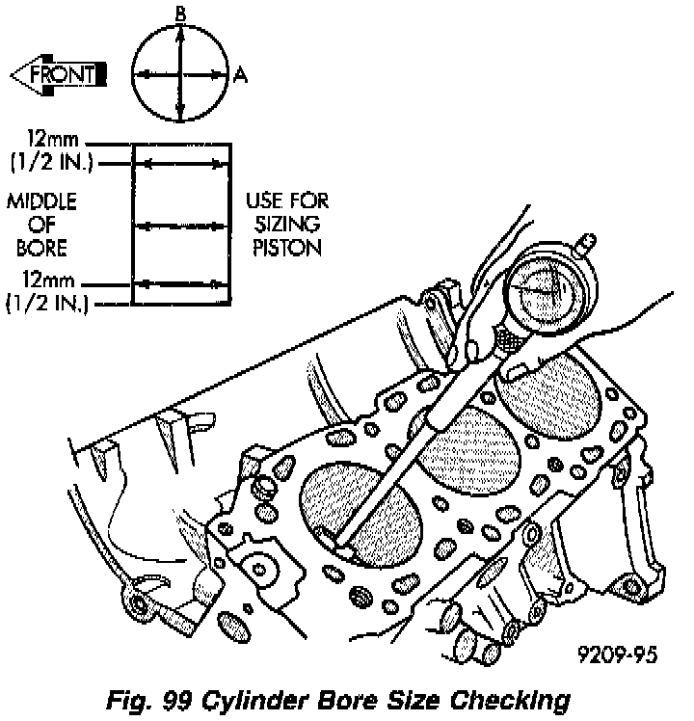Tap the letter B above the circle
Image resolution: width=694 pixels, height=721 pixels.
coord(180,13)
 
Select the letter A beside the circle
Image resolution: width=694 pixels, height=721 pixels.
coord(241,73)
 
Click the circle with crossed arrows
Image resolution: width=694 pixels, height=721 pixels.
coord(180,73)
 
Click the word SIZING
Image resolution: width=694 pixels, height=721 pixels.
coord(287,225)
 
